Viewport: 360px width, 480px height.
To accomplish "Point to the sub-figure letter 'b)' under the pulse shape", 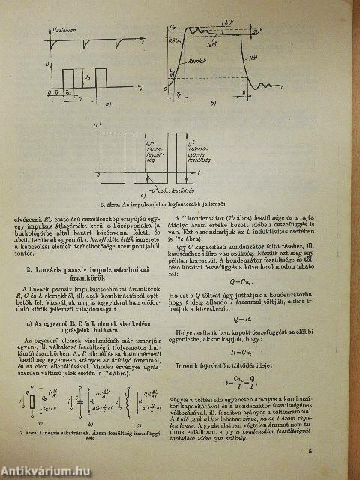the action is pos(213,103).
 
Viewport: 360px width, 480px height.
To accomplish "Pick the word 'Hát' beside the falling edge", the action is pos(253,56).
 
